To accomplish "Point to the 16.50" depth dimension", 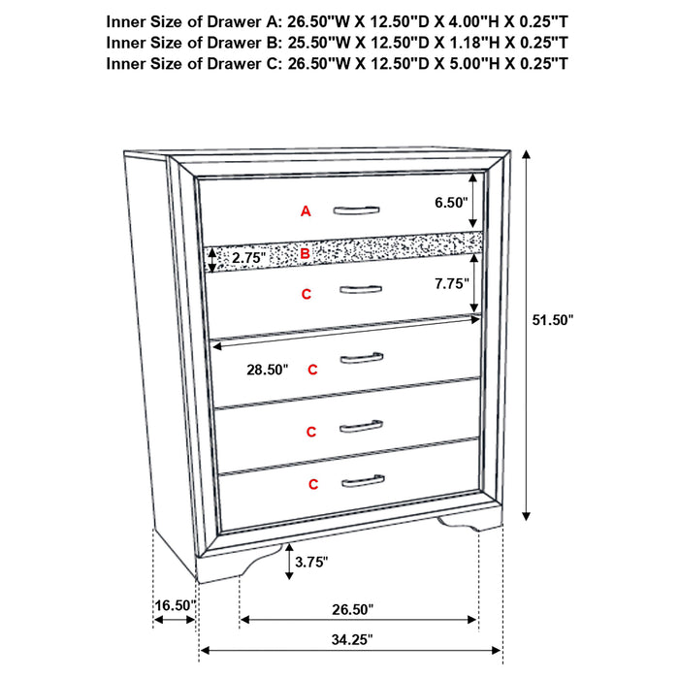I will pyautogui.click(x=175, y=605).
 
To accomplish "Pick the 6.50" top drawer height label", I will pyautogui.click(x=451, y=203).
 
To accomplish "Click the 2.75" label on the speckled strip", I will pyautogui.click(x=248, y=258).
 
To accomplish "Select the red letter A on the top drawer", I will pyautogui.click(x=306, y=210).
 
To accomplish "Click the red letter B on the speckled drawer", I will pyautogui.click(x=305, y=254).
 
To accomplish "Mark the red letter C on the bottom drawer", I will pyautogui.click(x=313, y=483).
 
